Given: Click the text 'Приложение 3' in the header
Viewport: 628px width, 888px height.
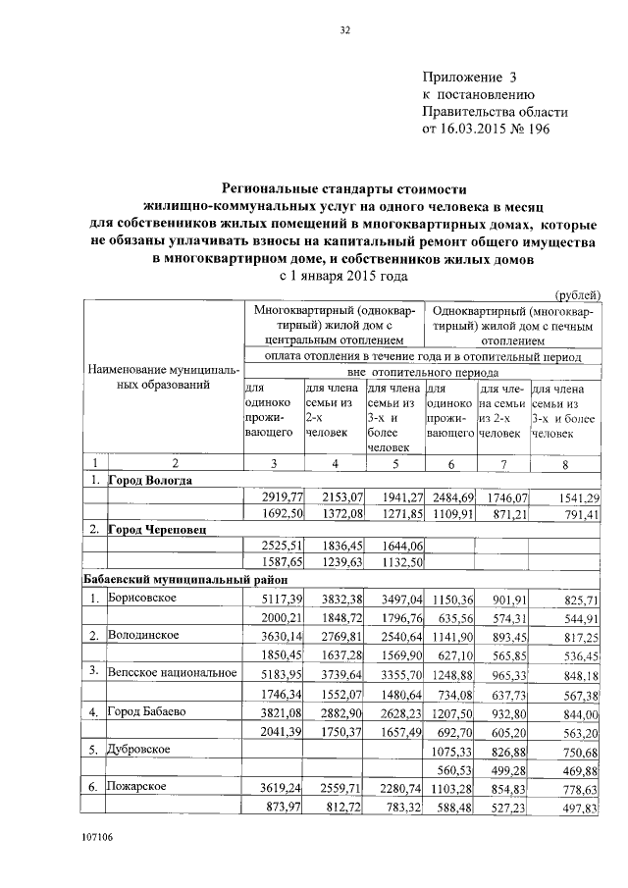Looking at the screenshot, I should pyautogui.click(x=468, y=77).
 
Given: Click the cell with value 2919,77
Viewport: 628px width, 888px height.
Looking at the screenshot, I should pyautogui.click(x=274, y=497).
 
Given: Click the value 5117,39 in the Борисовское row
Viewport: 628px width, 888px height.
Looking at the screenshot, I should pyautogui.click(x=274, y=599).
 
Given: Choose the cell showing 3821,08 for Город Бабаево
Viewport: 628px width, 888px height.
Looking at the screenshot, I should pyautogui.click(x=274, y=711).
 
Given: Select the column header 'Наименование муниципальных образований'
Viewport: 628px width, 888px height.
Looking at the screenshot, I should pyautogui.click(x=163, y=379).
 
